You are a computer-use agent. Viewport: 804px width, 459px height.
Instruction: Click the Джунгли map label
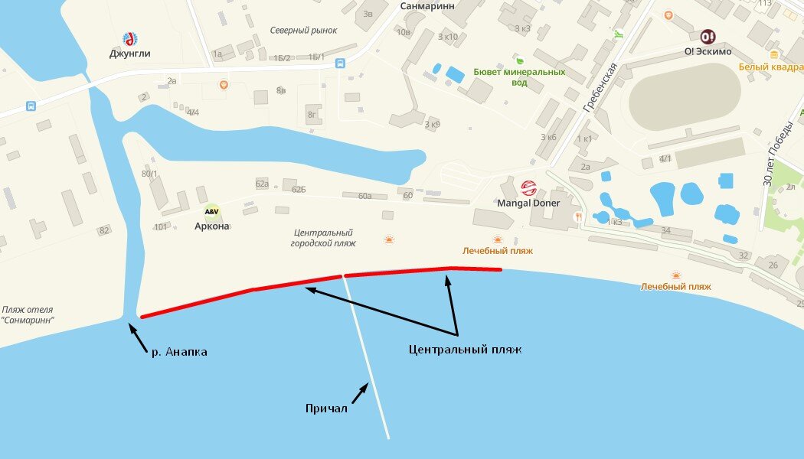129,54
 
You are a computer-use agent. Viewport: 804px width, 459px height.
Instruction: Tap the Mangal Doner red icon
528,187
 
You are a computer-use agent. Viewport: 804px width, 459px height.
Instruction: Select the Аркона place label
211,226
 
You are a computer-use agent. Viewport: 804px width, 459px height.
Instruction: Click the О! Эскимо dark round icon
707,37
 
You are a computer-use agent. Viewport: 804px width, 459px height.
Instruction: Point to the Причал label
326,409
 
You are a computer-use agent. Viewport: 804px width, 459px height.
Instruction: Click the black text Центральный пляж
465,349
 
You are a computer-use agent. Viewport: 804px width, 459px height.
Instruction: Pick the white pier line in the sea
368,360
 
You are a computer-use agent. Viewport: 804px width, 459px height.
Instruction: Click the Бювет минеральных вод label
519,76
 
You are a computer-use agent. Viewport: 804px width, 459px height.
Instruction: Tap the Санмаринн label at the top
427,5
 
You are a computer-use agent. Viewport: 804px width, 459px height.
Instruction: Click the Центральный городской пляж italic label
323,237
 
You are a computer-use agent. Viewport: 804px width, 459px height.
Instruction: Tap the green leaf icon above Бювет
519,60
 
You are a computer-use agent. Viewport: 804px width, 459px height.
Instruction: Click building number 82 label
104,230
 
